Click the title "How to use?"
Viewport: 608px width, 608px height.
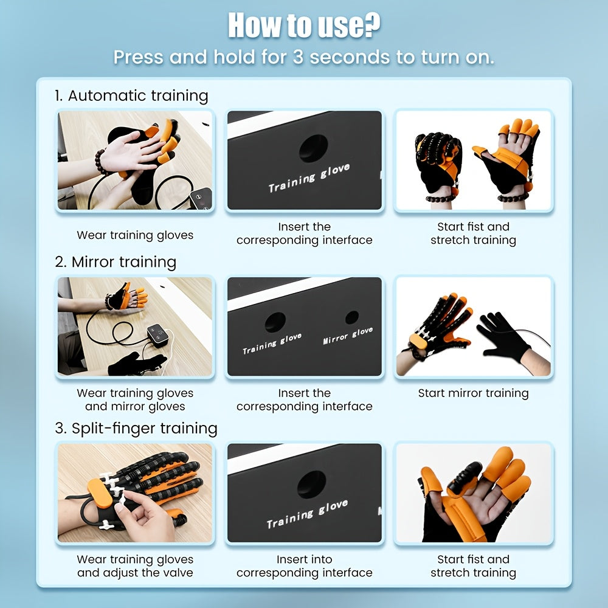[303, 26]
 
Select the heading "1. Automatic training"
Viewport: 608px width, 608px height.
[131, 95]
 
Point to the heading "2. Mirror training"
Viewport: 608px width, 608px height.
[116, 262]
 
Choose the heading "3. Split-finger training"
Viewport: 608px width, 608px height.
[136, 428]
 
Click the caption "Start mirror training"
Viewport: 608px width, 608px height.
[473, 393]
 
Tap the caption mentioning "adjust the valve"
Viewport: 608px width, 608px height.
[135, 573]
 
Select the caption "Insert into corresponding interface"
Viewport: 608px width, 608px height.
[304, 566]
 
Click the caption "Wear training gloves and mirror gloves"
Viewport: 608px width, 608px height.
[135, 400]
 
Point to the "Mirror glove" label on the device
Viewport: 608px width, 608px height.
[348, 336]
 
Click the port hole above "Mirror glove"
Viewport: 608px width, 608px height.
[351, 317]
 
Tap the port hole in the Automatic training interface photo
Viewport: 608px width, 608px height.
[313, 148]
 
